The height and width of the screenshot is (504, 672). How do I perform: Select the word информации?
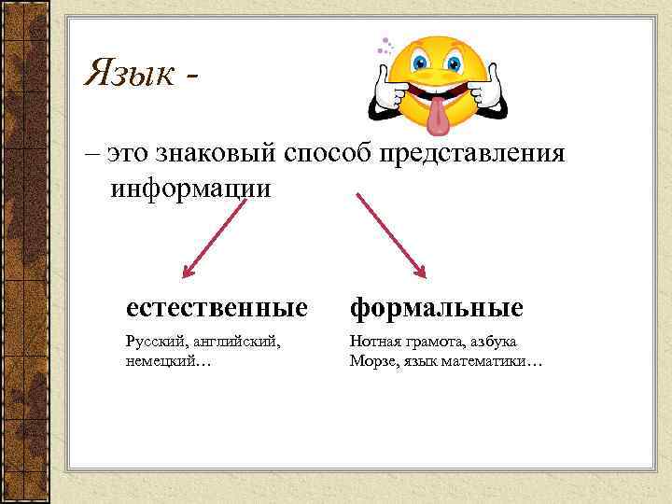click(190, 188)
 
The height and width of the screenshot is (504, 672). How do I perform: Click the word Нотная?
click(373, 343)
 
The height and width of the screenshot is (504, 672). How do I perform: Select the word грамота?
click(428, 343)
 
